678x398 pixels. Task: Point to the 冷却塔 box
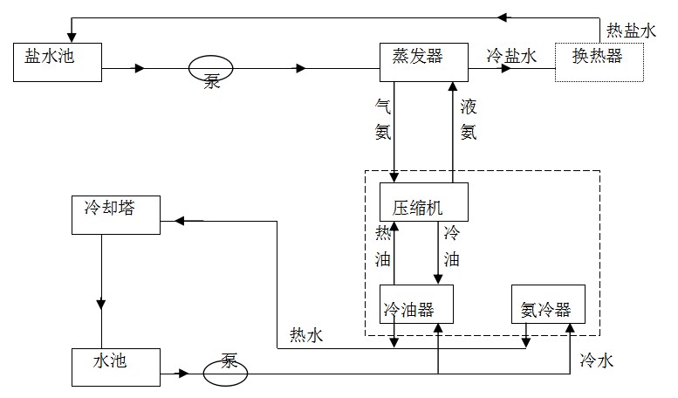pyautogui.click(x=116, y=215)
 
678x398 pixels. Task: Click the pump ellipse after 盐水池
pyautogui.click(x=210, y=68)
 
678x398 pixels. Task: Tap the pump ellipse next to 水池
pyautogui.click(x=225, y=374)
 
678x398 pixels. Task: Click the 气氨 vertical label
pyautogui.click(x=382, y=119)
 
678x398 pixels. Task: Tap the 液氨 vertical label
pyautogui.click(x=469, y=119)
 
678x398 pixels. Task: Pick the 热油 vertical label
pyautogui.click(x=382, y=246)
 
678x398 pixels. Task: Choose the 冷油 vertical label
pyautogui.click(x=451, y=246)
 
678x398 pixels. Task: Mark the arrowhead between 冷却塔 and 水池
pyautogui.click(x=101, y=303)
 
